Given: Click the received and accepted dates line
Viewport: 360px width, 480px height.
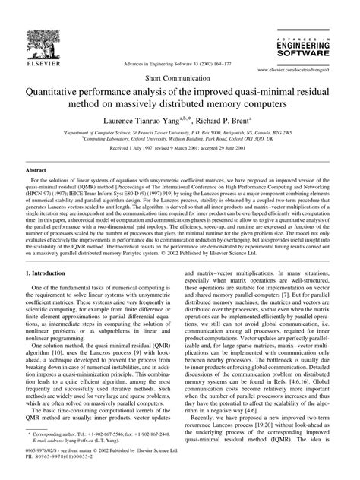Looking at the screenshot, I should point(179,149).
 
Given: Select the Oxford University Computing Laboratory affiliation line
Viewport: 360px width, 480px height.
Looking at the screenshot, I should point(179,139).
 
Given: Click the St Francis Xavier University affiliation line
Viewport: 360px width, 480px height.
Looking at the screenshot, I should point(179,132).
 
